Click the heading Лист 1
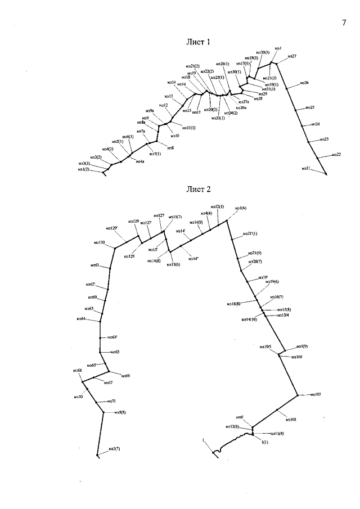coord(198,42)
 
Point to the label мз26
coord(304,83)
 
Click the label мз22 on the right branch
coord(336,155)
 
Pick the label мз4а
coord(139,161)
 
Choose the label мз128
coord(128,256)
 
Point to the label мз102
coord(315,395)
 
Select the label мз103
coord(291,420)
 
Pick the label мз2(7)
coord(113,448)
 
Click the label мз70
coord(78,397)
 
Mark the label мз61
coord(95,264)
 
